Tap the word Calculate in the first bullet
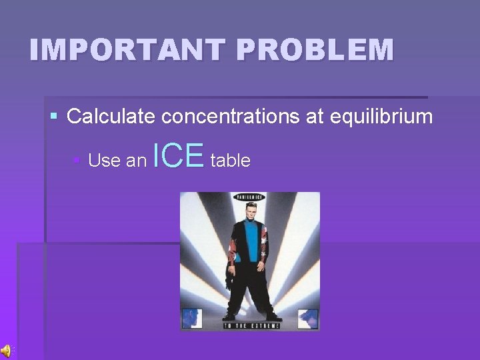[111, 117]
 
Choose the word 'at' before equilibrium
[316, 117]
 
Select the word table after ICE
[231, 161]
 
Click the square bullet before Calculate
[55, 117]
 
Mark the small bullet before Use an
[77, 161]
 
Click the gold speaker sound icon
[6, 351]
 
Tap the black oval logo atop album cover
[249, 197]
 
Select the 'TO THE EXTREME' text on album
[249, 326]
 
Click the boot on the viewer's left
[229, 315]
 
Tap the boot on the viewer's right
[273, 315]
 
